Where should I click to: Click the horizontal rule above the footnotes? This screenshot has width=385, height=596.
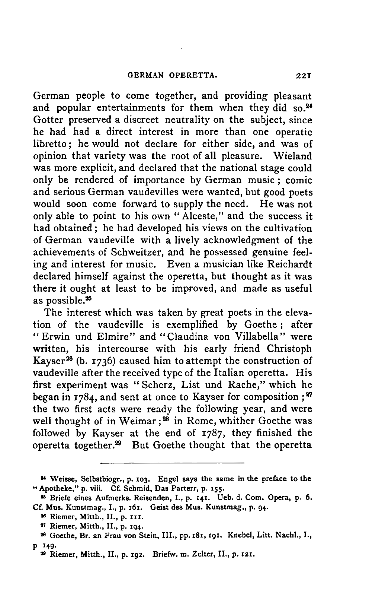[x=172, y=463]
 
